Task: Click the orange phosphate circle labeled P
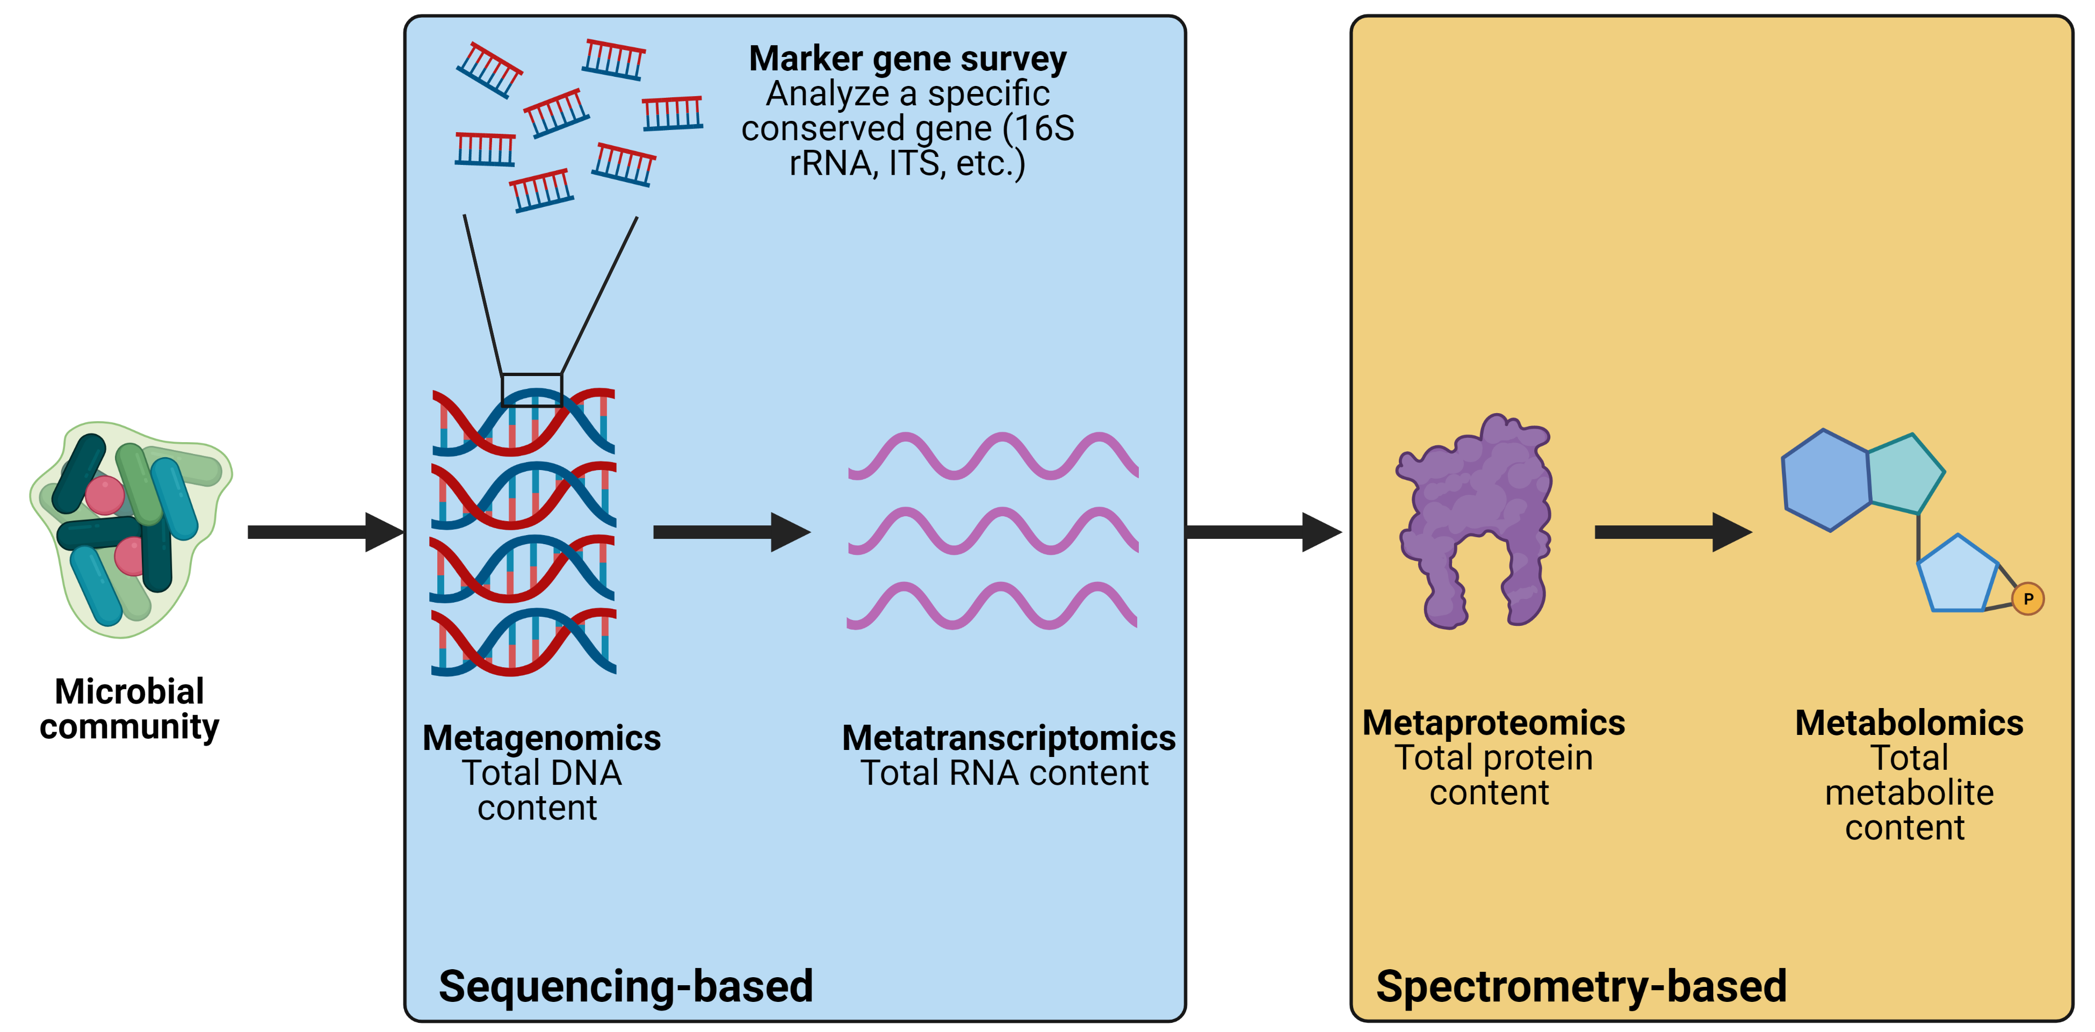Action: point(2027,598)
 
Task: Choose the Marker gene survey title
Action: point(908,59)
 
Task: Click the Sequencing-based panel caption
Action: point(625,986)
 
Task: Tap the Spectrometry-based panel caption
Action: point(1581,986)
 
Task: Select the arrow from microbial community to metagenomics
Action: point(326,532)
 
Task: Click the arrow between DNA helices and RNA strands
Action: point(731,532)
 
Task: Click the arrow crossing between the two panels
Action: point(1263,532)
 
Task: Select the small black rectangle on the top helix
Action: point(532,389)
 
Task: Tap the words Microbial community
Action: point(129,709)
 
